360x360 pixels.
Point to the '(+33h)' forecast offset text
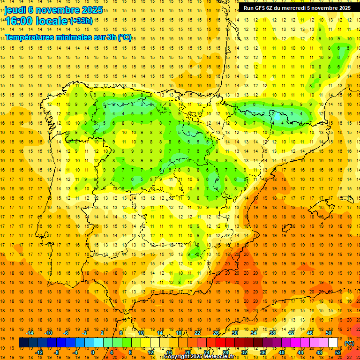pyautogui.click(x=81, y=21)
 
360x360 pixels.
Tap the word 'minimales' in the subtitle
pyautogui.click(x=83, y=37)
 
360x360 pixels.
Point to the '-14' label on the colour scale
pyautogui.click(x=30, y=333)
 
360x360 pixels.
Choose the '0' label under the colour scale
pyautogui.click(x=93, y=352)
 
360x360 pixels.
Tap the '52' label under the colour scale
pyautogui.click(x=337, y=352)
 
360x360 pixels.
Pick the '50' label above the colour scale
pyautogui.click(x=329, y=333)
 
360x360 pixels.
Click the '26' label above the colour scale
pyautogui.click(x=216, y=333)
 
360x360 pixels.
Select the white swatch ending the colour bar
pyautogui.click(x=333, y=343)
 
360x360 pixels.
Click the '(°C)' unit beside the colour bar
pyautogui.click(x=349, y=343)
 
